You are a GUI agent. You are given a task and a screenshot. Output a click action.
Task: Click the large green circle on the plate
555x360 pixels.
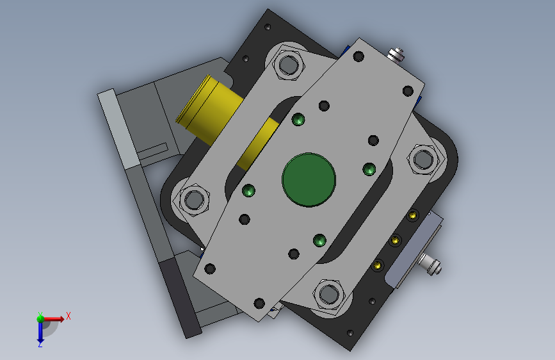click(x=309, y=179)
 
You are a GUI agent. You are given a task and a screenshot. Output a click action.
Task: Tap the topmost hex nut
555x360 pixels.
click(x=289, y=65)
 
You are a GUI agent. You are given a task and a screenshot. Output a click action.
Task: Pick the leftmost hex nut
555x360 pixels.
click(x=194, y=199)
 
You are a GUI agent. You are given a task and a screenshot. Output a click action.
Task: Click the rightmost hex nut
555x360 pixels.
click(x=423, y=160)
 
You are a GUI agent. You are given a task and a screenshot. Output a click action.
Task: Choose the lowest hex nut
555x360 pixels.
click(x=329, y=294)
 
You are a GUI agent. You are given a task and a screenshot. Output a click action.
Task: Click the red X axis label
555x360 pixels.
click(x=68, y=316)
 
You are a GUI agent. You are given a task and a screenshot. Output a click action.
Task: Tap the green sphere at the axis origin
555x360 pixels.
click(x=40, y=318)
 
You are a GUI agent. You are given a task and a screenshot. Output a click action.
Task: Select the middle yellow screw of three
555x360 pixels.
click(x=395, y=241)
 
